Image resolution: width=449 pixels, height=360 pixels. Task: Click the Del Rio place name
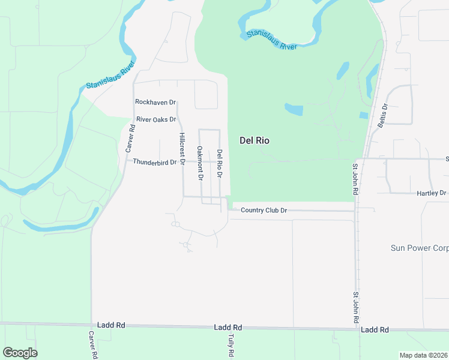[x=254, y=140]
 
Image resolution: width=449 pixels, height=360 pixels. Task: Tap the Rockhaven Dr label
[x=155, y=103]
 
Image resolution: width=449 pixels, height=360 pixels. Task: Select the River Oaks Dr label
[x=156, y=119]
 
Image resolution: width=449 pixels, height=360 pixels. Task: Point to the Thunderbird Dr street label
[x=155, y=162]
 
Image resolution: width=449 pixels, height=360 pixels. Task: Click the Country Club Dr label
[x=264, y=211]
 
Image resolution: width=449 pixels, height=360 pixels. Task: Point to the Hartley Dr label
[x=432, y=193]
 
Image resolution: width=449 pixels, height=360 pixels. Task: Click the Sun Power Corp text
[x=420, y=247]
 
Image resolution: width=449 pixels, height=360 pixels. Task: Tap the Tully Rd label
[x=230, y=347]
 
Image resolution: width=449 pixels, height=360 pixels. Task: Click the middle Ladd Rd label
[x=228, y=328]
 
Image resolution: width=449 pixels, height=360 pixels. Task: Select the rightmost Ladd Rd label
[x=375, y=330]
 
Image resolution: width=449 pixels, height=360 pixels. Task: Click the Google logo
[x=20, y=353]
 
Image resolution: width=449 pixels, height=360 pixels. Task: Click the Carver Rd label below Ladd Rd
[x=93, y=344]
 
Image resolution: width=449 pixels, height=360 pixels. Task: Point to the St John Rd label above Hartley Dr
[x=355, y=178]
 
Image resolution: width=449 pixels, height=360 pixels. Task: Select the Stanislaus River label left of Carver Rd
[x=110, y=78]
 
